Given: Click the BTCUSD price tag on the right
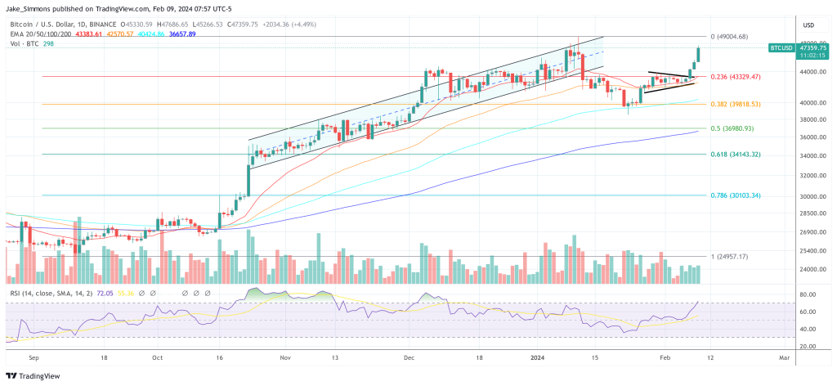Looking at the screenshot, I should pyautogui.click(x=781, y=48).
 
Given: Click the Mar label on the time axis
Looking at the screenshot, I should pyautogui.click(x=784, y=357).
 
